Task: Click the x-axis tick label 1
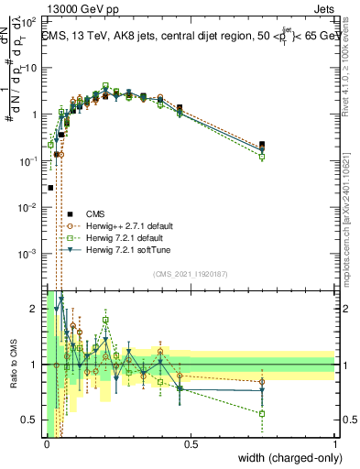point(335,444)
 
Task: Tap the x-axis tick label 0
point(47,444)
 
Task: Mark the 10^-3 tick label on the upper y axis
point(27,253)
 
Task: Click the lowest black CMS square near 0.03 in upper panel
point(50,187)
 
